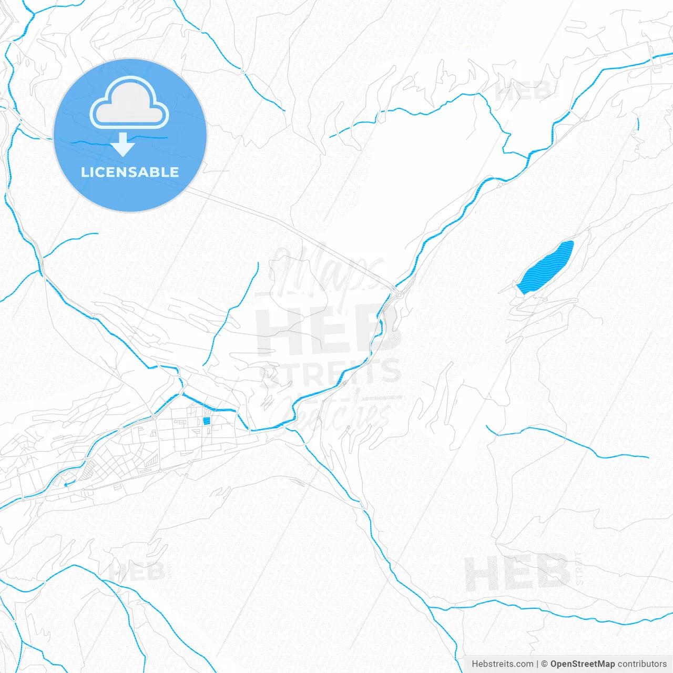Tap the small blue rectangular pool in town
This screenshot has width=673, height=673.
coord(207,421)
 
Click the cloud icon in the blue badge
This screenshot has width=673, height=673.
coord(129,103)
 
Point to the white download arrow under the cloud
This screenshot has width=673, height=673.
coord(124,145)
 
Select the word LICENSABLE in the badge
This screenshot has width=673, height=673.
coord(130,172)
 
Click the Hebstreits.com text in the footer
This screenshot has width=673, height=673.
coord(502,664)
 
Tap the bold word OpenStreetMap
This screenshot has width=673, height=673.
coord(582,664)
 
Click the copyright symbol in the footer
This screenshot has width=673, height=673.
coord(545,664)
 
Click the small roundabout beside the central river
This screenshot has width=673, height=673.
coord(400,295)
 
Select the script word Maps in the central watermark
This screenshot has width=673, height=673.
coord(326,271)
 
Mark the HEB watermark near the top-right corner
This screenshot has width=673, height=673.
coord(523,92)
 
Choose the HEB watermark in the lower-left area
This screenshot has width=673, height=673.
coord(137,572)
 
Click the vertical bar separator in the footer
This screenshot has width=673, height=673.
coord(537,664)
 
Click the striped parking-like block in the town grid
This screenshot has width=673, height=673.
coord(151,461)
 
